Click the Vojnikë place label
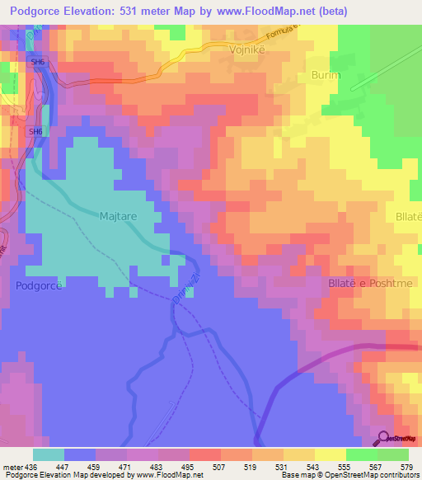click(x=246, y=49)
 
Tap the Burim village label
click(x=326, y=75)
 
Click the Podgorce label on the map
click(x=39, y=285)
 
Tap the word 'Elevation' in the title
click(x=105, y=11)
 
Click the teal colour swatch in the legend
click(x=48, y=454)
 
